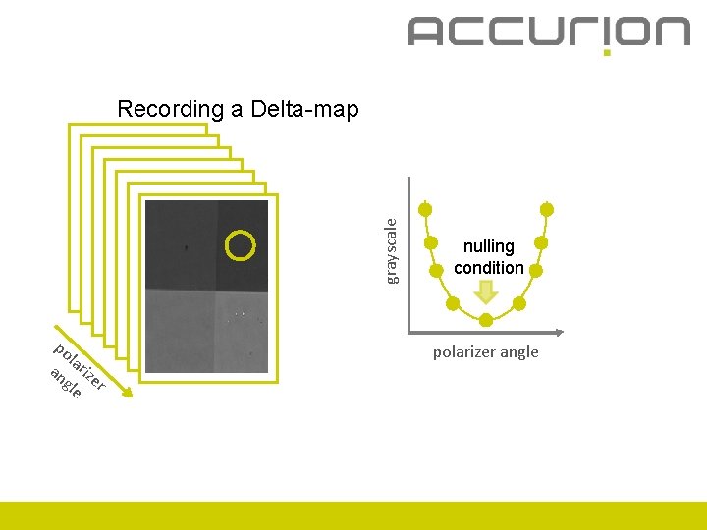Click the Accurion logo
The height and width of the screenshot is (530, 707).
pyautogui.click(x=548, y=31)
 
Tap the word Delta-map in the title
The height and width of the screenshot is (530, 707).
pyautogui.click(x=304, y=109)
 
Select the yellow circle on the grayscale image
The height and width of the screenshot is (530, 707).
pyautogui.click(x=240, y=245)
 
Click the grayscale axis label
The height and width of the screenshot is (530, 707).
pyautogui.click(x=391, y=250)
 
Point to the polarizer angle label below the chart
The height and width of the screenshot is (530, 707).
pyautogui.click(x=486, y=351)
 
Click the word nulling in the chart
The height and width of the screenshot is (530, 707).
pyautogui.click(x=488, y=246)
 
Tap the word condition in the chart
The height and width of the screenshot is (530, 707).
pyautogui.click(x=488, y=267)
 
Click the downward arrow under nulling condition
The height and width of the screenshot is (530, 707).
pyautogui.click(x=486, y=291)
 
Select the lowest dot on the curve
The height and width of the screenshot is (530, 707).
pyautogui.click(x=486, y=320)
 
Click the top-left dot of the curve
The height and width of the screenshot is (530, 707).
pyautogui.click(x=425, y=209)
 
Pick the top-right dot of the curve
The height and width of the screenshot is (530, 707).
pyautogui.click(x=547, y=209)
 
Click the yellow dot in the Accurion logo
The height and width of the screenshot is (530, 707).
pyautogui.click(x=606, y=52)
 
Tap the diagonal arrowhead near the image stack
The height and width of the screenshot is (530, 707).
pyautogui.click(x=127, y=395)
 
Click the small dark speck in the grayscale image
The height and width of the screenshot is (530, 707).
pyautogui.click(x=187, y=249)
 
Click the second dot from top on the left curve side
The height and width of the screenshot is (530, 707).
pyautogui.click(x=431, y=242)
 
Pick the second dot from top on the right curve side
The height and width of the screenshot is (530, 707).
pyautogui.click(x=539, y=242)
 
